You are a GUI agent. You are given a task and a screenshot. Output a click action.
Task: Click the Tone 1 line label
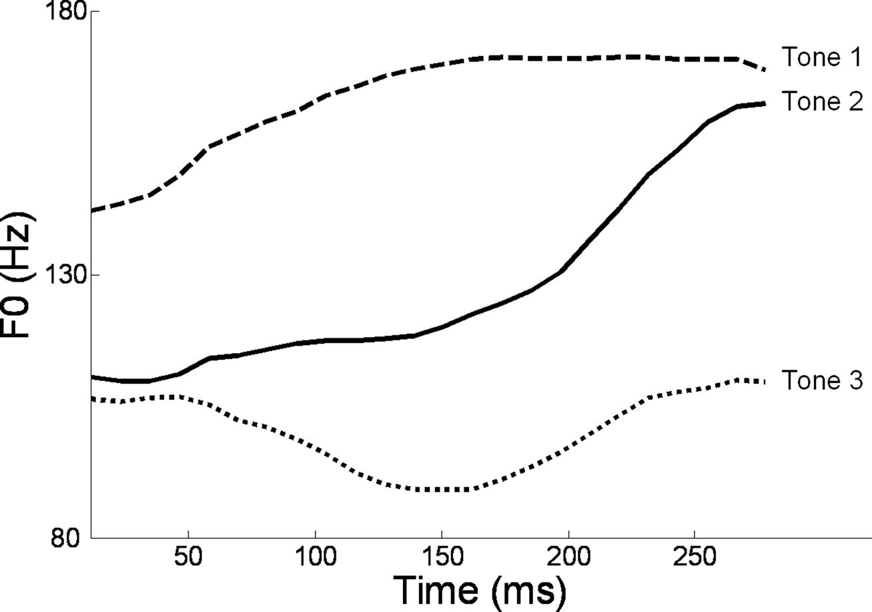tap(822, 58)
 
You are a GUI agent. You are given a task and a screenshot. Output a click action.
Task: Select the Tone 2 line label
tap(822, 102)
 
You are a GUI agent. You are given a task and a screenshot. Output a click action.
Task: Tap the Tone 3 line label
tap(822, 380)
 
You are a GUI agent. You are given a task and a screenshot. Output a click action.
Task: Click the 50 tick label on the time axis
tap(189, 557)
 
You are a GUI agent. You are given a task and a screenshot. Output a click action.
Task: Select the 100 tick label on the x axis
tap(315, 557)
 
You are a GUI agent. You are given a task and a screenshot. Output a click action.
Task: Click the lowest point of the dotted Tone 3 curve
tap(440, 489)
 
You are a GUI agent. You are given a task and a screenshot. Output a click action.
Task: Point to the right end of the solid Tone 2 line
tap(764, 103)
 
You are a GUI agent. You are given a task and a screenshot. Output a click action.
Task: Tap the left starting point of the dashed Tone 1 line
tap(92, 211)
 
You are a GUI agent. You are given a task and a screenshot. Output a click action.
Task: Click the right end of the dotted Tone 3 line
tap(764, 382)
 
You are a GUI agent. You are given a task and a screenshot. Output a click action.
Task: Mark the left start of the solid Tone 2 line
tap(92, 377)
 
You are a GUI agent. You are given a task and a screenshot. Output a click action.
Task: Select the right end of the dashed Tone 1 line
tap(764, 69)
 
